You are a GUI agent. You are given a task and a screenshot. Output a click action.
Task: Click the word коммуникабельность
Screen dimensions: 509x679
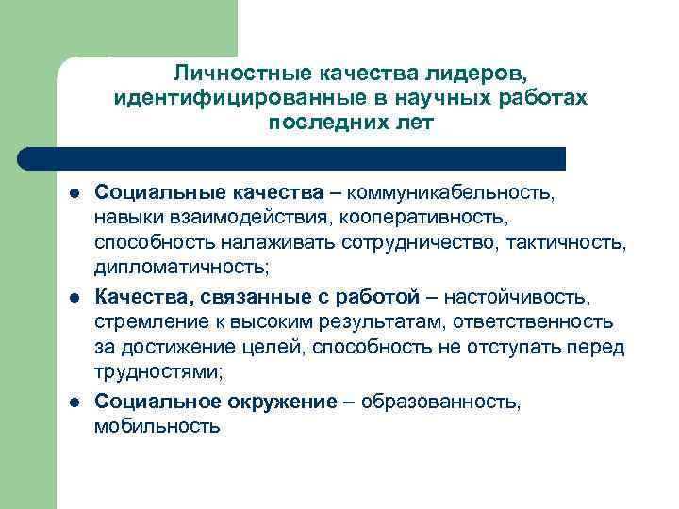[452, 193]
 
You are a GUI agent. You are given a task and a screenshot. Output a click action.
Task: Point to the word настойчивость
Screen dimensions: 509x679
[518, 299]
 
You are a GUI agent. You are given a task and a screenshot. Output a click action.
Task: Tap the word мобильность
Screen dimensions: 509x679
[157, 427]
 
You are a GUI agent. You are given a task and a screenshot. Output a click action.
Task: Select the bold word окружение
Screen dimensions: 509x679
[281, 402]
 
